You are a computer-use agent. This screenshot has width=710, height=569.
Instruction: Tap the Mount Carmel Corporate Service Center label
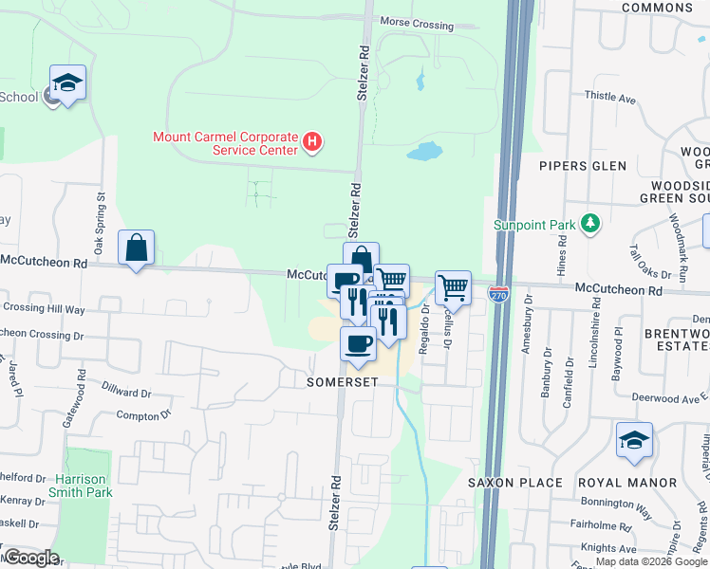225,143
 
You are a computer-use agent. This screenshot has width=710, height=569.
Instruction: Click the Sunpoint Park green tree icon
591,223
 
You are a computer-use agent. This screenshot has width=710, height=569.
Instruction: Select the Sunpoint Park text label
534,225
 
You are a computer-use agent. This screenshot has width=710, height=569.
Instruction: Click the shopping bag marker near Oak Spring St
137,248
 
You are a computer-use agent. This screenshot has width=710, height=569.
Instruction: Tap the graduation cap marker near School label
68,83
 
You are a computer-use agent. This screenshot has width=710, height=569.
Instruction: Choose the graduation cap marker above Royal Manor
634,440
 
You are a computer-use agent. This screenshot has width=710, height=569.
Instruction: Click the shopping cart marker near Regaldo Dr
454,286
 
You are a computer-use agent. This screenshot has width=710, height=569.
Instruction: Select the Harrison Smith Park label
84,486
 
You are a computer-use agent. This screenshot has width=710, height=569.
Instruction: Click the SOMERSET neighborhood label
343,382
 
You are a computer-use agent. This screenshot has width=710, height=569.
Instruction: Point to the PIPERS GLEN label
583,166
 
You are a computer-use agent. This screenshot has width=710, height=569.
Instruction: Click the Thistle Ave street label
610,97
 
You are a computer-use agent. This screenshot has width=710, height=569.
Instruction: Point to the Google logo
31,558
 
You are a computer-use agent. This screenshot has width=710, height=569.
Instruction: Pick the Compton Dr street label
143,414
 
